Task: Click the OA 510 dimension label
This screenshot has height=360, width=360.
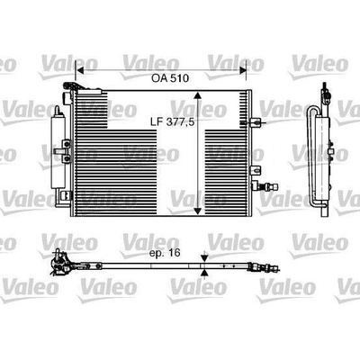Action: point(170,78)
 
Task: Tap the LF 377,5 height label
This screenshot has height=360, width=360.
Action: point(171,121)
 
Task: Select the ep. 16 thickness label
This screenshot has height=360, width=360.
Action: point(165,253)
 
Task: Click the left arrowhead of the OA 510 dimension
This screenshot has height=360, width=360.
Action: point(80,71)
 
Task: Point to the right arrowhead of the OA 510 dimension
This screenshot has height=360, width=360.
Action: point(242,71)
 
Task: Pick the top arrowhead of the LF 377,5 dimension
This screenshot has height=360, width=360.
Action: point(197,95)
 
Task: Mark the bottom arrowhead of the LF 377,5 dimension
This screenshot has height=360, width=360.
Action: point(197,211)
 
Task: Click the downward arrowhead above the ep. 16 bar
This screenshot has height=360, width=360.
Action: point(204,258)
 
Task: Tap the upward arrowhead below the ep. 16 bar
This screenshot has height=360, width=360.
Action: point(204,273)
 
